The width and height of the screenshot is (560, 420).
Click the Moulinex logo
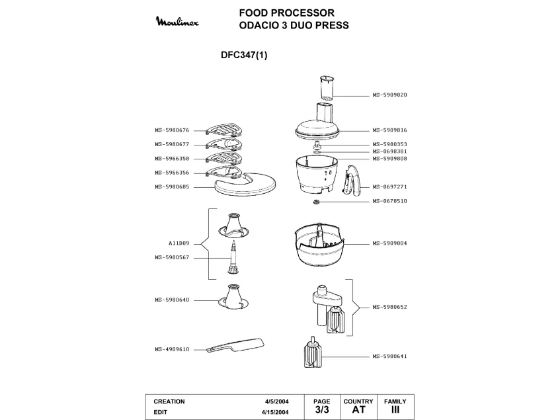click(x=177, y=21)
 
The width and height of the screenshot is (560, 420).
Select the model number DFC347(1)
click(x=244, y=55)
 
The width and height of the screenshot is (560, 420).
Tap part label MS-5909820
click(x=389, y=95)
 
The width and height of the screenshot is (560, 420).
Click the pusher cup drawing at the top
click(x=327, y=88)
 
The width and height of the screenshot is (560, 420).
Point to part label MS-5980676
click(x=172, y=130)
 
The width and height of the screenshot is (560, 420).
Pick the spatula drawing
click(x=236, y=345)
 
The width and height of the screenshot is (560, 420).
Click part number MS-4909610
click(x=172, y=350)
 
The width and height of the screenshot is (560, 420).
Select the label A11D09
click(x=179, y=243)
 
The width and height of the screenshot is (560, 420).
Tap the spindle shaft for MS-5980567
click(x=233, y=257)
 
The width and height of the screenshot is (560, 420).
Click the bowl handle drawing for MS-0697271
click(x=352, y=181)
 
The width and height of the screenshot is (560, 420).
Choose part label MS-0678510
click(x=389, y=201)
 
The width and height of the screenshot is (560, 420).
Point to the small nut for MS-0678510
click(x=316, y=202)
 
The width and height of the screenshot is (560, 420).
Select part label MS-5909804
click(x=389, y=243)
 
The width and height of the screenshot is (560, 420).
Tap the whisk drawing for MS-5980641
click(x=313, y=352)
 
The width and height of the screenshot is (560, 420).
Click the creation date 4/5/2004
click(x=277, y=401)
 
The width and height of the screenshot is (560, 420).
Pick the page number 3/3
click(x=322, y=409)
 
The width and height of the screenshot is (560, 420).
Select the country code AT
click(x=358, y=409)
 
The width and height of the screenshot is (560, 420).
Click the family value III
click(x=395, y=409)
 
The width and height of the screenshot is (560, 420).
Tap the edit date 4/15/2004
click(x=275, y=412)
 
